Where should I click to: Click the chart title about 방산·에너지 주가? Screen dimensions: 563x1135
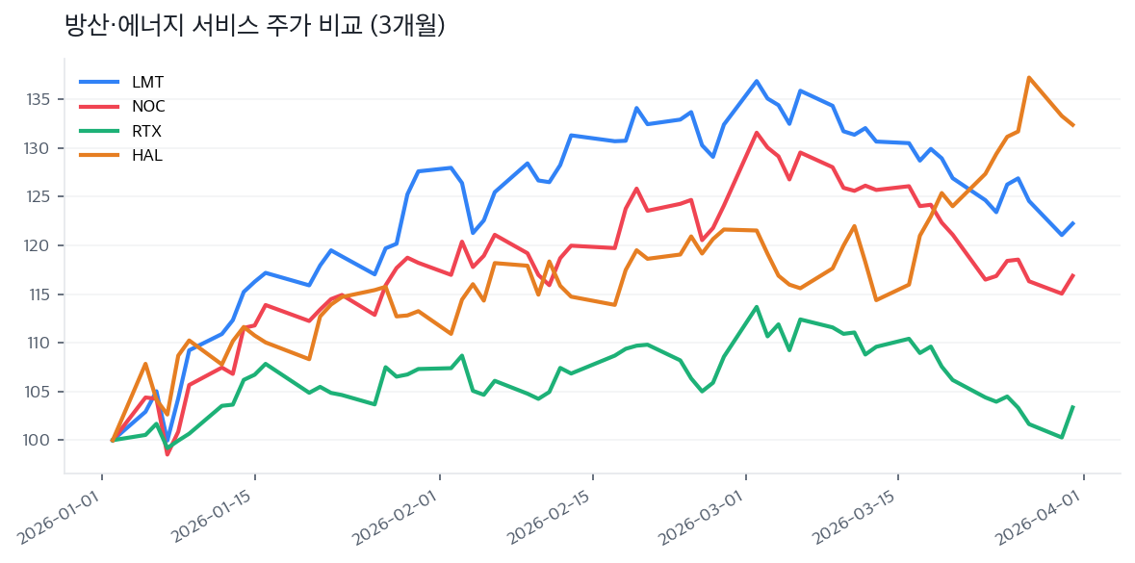coord(254,26)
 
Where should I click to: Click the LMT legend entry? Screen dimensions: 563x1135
coord(147,82)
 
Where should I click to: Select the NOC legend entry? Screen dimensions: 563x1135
coord(148,106)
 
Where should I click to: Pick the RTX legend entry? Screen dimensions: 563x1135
coord(146,131)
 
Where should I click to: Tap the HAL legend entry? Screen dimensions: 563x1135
coord(146,155)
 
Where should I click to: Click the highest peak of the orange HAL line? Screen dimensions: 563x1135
coord(1029,77)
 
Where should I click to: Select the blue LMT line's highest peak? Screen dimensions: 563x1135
coord(757,81)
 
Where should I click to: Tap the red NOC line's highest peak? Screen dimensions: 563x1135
coord(757,132)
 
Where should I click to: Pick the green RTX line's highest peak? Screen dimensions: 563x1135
coord(757,307)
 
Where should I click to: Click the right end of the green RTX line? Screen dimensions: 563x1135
coord(1073,406)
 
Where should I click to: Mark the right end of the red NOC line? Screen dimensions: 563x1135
coord(1073,274)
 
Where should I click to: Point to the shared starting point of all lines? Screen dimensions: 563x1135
coord(113,441)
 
